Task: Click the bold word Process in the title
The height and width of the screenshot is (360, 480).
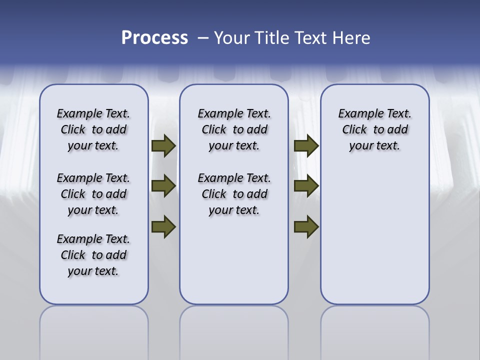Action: point(154,38)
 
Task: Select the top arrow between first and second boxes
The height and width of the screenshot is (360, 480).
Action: point(163,146)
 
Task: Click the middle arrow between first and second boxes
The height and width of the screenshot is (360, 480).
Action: point(163,186)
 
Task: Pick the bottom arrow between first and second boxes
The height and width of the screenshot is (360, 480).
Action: point(163,226)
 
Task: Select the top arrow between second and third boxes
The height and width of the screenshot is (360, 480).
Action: point(306,146)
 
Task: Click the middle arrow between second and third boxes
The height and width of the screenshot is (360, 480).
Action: point(306,186)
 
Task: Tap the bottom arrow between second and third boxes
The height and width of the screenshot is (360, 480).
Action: point(306,226)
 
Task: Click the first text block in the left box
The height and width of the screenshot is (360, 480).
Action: point(93,129)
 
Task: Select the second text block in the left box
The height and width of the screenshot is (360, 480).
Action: point(93,194)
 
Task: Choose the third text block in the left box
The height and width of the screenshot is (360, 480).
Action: point(93,255)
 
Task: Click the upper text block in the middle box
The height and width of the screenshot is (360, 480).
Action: point(234,129)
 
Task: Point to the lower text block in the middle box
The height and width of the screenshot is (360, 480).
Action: point(234,194)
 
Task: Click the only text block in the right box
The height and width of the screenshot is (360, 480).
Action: point(374,129)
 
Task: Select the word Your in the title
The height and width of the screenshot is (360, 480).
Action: point(231,38)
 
